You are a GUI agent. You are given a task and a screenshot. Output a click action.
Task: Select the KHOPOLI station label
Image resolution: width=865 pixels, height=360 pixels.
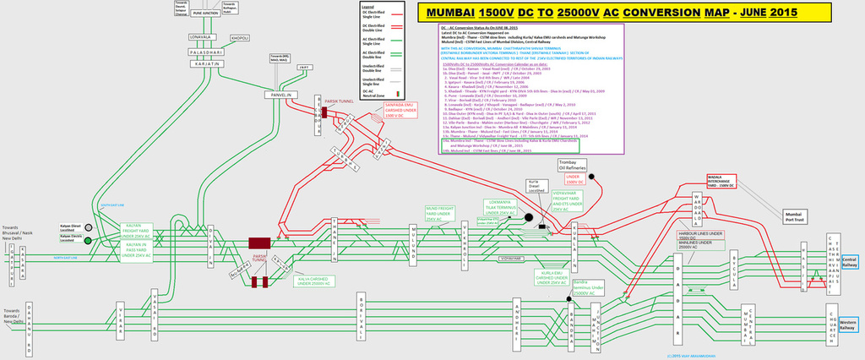click(240, 38)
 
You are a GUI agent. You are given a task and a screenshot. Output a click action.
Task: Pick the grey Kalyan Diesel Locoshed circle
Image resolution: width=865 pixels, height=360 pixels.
click(86, 227)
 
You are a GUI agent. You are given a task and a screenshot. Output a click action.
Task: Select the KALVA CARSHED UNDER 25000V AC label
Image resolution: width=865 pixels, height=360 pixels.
click(313, 281)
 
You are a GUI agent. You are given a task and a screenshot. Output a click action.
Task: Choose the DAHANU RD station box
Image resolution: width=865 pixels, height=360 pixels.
click(30, 325)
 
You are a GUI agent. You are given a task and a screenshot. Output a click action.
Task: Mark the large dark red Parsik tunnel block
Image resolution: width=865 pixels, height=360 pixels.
click(258, 243)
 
